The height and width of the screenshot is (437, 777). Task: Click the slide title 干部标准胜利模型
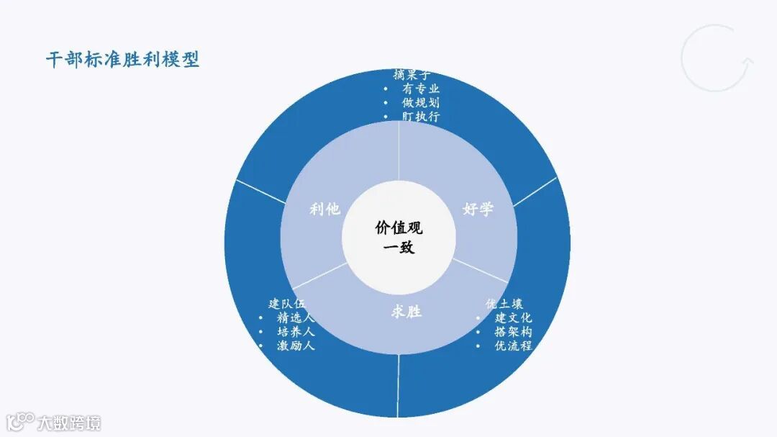[122, 60]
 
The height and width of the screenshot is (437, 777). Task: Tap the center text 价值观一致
[399, 238]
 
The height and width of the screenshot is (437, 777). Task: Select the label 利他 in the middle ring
[324, 209]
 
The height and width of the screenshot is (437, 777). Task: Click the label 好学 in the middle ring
[478, 209]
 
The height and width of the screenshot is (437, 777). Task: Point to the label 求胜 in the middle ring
[406, 312]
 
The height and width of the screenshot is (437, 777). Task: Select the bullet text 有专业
[421, 89]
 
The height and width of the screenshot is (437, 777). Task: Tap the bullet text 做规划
[421, 102]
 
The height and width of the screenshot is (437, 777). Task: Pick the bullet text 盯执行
[421, 116]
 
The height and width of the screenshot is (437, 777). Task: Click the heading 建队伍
[287, 303]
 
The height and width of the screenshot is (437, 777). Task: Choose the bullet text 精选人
[296, 317]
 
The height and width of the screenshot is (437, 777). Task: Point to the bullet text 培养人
[296, 332]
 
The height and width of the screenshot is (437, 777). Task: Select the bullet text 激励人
[296, 346]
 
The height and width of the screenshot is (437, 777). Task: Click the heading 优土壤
[504, 303]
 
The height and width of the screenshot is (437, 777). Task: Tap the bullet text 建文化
[513, 317]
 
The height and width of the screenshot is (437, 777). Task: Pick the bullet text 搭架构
[513, 332]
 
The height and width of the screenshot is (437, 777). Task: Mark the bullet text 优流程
[513, 346]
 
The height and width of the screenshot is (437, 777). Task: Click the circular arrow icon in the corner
[717, 58]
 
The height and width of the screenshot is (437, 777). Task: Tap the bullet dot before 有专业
[386, 89]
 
